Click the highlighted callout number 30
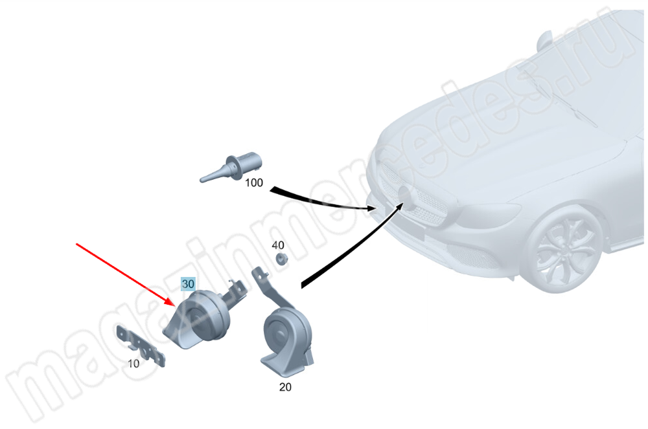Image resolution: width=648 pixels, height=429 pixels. [x=188, y=284]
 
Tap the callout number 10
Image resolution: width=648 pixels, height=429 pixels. [x=133, y=364]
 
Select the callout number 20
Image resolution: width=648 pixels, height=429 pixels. [x=285, y=387]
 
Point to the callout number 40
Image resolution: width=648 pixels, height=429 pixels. [x=278, y=245]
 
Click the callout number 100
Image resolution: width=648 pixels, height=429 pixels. [x=254, y=182]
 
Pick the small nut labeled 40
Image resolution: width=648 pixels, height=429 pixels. [x=282, y=259]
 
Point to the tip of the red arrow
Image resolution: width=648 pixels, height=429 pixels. [x=176, y=305]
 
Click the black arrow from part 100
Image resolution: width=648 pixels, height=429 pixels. [x=322, y=202]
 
